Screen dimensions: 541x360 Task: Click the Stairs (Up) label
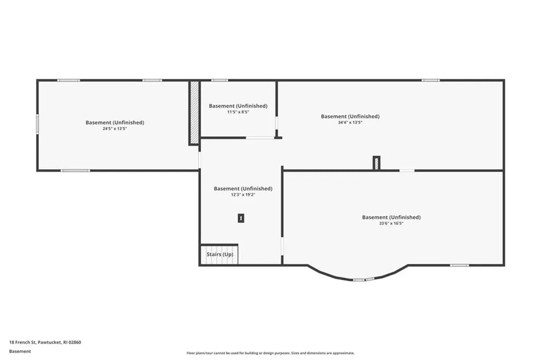point(220,254)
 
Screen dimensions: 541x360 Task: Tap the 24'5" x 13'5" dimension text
point(115,129)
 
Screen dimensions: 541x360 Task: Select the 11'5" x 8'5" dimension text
point(238,112)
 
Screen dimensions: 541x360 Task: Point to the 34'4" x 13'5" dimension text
point(350,123)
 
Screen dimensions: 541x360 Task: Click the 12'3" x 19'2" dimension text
point(243,195)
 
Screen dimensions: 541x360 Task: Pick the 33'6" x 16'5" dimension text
point(391,223)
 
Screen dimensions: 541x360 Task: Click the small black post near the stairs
point(241,218)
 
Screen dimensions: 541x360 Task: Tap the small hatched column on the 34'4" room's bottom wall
point(376,163)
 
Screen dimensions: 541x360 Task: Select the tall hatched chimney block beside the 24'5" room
point(194,113)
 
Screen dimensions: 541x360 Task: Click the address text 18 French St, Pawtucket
point(45,343)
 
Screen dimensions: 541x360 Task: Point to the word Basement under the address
point(20,352)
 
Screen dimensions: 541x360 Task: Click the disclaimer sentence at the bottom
point(270,353)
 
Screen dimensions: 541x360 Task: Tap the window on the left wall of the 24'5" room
point(38,124)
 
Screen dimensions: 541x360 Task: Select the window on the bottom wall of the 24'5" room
point(76,171)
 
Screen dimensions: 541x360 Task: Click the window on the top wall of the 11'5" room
point(220,80)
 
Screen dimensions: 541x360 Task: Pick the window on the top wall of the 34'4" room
point(431,80)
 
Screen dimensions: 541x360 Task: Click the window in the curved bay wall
point(363,280)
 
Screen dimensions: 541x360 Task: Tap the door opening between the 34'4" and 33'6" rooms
point(407,171)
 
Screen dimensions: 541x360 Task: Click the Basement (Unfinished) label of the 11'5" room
point(238,106)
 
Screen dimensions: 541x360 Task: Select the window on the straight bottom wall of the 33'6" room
point(459,265)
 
